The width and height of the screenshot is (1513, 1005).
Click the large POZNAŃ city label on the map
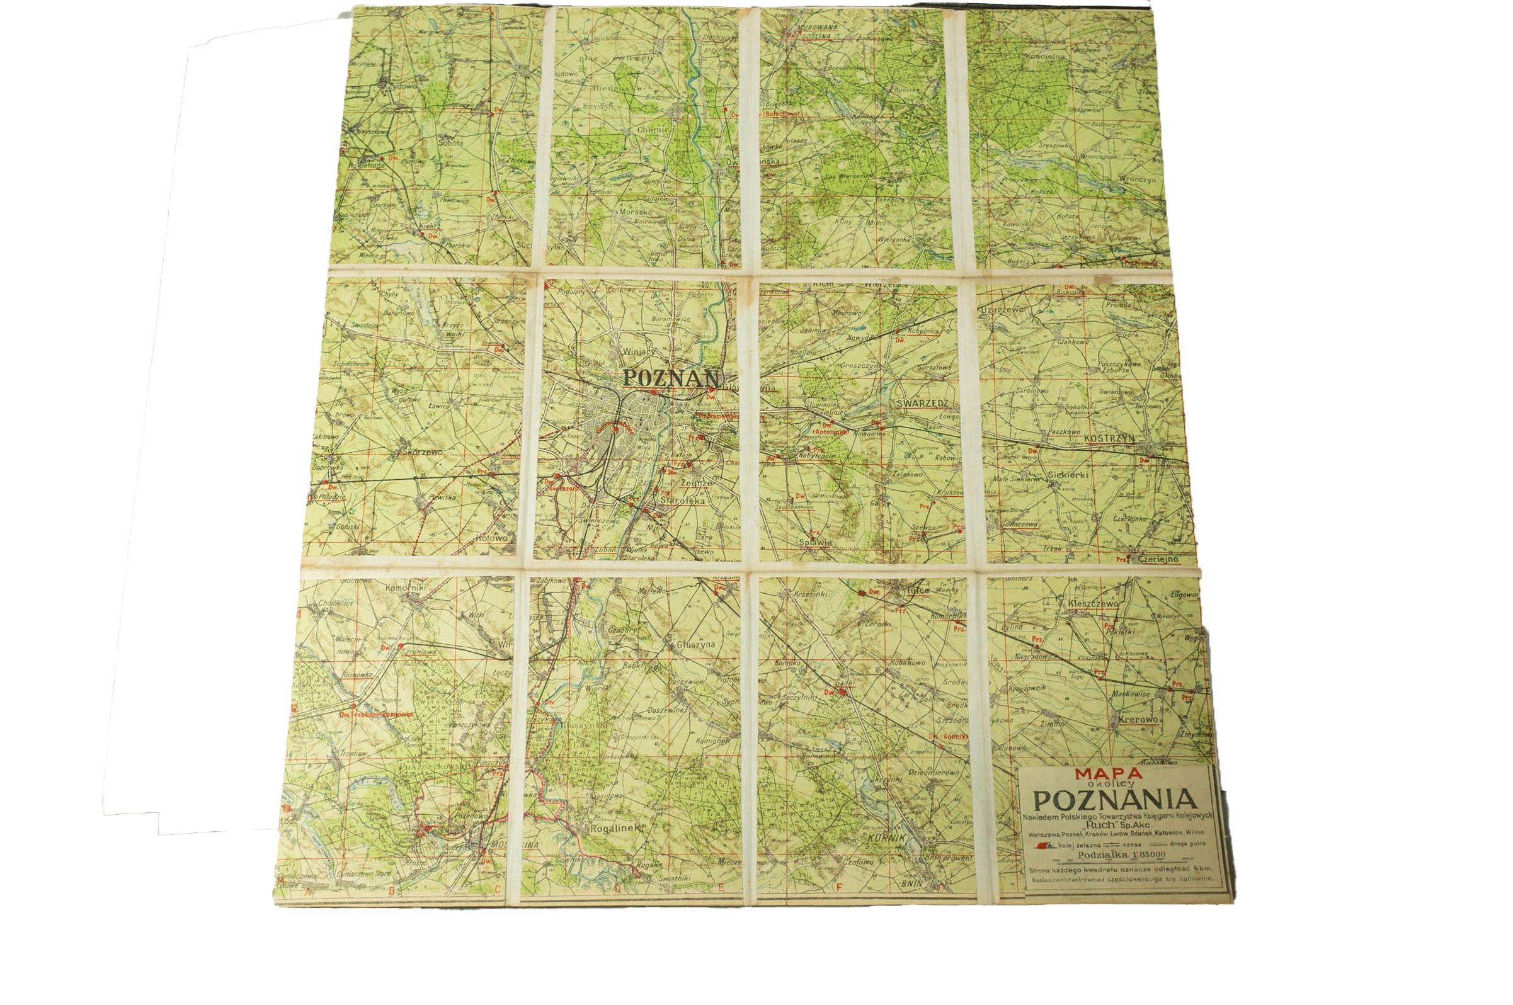pyautogui.click(x=671, y=378)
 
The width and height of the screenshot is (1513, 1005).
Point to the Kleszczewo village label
pyautogui.click(x=1093, y=604)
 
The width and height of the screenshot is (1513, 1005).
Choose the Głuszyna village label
pyautogui.click(x=695, y=647)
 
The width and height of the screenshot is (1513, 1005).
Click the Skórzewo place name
pyautogui.click(x=416, y=451)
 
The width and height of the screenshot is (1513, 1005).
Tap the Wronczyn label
pyautogui.click(x=1138, y=180)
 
